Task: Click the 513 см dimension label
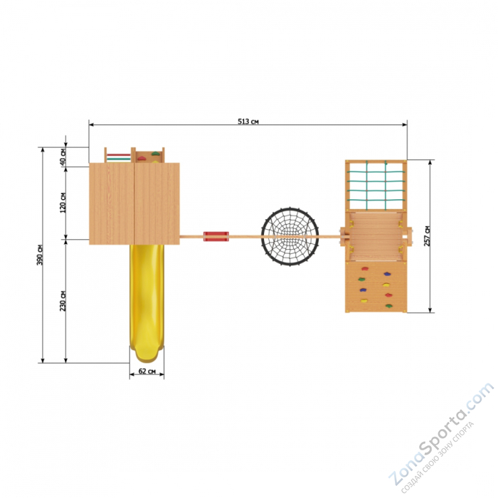(248, 122)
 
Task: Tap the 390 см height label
(40, 255)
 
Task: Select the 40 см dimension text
(63, 157)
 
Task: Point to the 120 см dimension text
(63, 202)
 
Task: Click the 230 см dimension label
(63, 301)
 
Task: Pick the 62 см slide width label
(147, 371)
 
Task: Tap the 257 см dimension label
(427, 236)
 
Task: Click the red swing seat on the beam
(216, 236)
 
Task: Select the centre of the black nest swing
(290, 237)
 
